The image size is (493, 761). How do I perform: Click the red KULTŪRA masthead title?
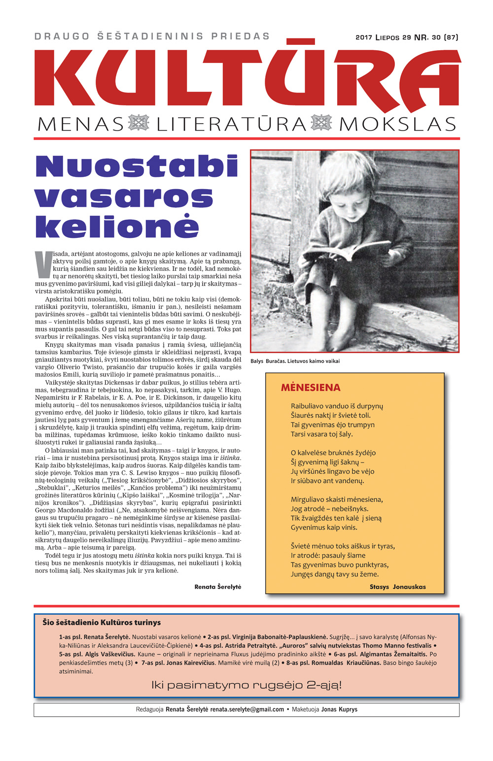[246, 76]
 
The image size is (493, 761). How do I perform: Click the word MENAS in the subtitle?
[80, 124]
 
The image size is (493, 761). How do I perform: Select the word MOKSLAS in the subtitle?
[398, 124]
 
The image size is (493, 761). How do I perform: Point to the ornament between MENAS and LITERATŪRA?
[139, 123]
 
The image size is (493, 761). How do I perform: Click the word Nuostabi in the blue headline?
[137, 167]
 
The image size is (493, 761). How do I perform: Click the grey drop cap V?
[43, 264]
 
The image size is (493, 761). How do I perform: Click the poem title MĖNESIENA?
[311, 388]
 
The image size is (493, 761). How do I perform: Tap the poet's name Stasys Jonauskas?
[397, 587]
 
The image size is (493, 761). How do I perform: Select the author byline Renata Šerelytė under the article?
[218, 587]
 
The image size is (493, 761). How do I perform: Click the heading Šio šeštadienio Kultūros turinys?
[102, 623]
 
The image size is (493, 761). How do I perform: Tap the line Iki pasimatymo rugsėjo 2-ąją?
[246, 685]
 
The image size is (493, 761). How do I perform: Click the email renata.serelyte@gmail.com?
[247, 709]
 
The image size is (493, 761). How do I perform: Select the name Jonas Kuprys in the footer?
[339, 709]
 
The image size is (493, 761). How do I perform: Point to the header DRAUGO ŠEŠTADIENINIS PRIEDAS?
[152, 36]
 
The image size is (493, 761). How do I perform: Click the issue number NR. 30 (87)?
[436, 37]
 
